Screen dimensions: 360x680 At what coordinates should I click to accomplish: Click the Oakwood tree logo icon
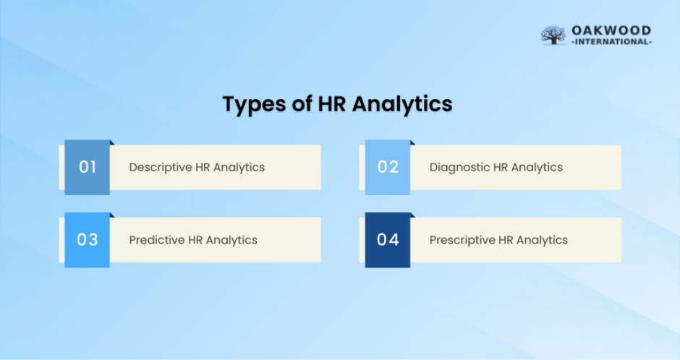pyautogui.click(x=553, y=35)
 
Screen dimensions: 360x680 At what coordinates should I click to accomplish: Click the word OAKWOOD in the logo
pyautogui.click(x=611, y=30)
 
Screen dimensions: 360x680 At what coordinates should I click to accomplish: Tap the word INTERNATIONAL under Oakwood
pyautogui.click(x=611, y=42)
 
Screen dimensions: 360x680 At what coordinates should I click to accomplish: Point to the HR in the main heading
pyautogui.click(x=335, y=104)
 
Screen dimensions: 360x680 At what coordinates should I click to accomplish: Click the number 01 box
pyautogui.click(x=88, y=167)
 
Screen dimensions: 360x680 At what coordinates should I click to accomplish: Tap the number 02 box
pyautogui.click(x=388, y=167)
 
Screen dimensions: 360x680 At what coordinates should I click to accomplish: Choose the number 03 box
pyautogui.click(x=88, y=240)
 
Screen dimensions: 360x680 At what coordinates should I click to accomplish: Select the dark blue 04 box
pyautogui.click(x=388, y=240)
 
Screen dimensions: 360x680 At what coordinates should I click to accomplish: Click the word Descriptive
pyautogui.click(x=161, y=167)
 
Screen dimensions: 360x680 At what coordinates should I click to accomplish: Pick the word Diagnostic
pyautogui.click(x=459, y=167)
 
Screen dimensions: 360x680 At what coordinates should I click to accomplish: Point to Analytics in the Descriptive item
pyautogui.click(x=239, y=167)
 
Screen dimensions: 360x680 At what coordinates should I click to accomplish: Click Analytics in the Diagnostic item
pyautogui.click(x=537, y=167)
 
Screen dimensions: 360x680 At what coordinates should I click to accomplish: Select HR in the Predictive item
pyautogui.click(x=196, y=240)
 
